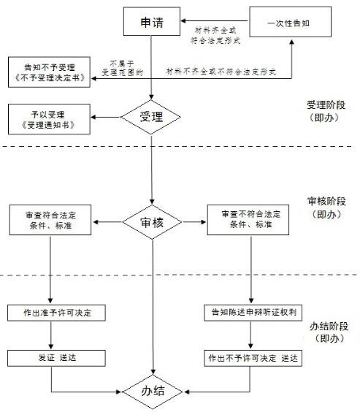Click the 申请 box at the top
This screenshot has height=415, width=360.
tap(152, 21)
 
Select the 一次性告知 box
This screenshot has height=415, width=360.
tap(291, 22)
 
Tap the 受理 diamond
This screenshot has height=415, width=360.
tap(150, 117)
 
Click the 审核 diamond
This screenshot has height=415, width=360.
tap(152, 222)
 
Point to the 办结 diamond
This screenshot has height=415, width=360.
tap(153, 392)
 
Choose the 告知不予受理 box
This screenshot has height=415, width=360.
tap(49, 72)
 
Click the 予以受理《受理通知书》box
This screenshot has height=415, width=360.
tap(49, 119)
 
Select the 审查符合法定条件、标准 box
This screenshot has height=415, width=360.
tap(50, 220)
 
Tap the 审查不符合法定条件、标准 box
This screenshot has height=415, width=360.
tap(248, 220)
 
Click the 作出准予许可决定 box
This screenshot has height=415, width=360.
tap(56, 313)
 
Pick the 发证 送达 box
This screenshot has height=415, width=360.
tap(56, 358)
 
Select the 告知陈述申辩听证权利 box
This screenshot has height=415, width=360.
tap(253, 313)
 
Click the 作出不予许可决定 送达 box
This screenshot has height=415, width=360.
tap(253, 358)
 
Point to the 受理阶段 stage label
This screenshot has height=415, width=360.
tap(326, 111)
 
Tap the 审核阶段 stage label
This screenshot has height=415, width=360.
tap(327, 207)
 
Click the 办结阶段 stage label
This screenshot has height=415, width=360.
tap(329, 332)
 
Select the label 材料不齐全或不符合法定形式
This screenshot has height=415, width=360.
tap(221, 72)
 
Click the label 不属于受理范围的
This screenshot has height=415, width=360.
tap(122, 68)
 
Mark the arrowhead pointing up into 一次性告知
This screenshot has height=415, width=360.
tap(292, 42)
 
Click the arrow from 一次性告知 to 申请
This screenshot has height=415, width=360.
tap(215, 21)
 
